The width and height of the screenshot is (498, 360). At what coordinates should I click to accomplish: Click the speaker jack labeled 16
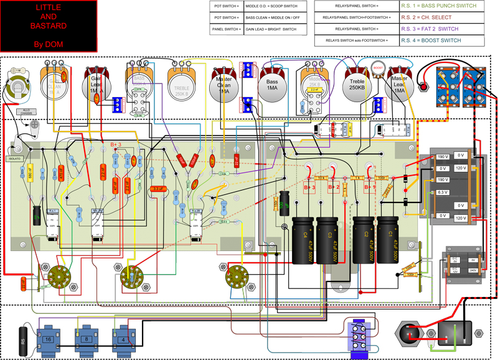click(48, 339)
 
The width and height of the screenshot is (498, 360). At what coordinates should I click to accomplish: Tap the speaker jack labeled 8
click(86, 339)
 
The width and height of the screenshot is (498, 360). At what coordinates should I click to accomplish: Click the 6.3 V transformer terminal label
click(442, 192)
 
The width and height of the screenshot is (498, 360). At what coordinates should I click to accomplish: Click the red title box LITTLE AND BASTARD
click(49, 26)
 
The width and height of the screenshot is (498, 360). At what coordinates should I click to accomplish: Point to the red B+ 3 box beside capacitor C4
click(309, 187)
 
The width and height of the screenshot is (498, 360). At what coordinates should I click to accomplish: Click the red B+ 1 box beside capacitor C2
click(370, 187)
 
